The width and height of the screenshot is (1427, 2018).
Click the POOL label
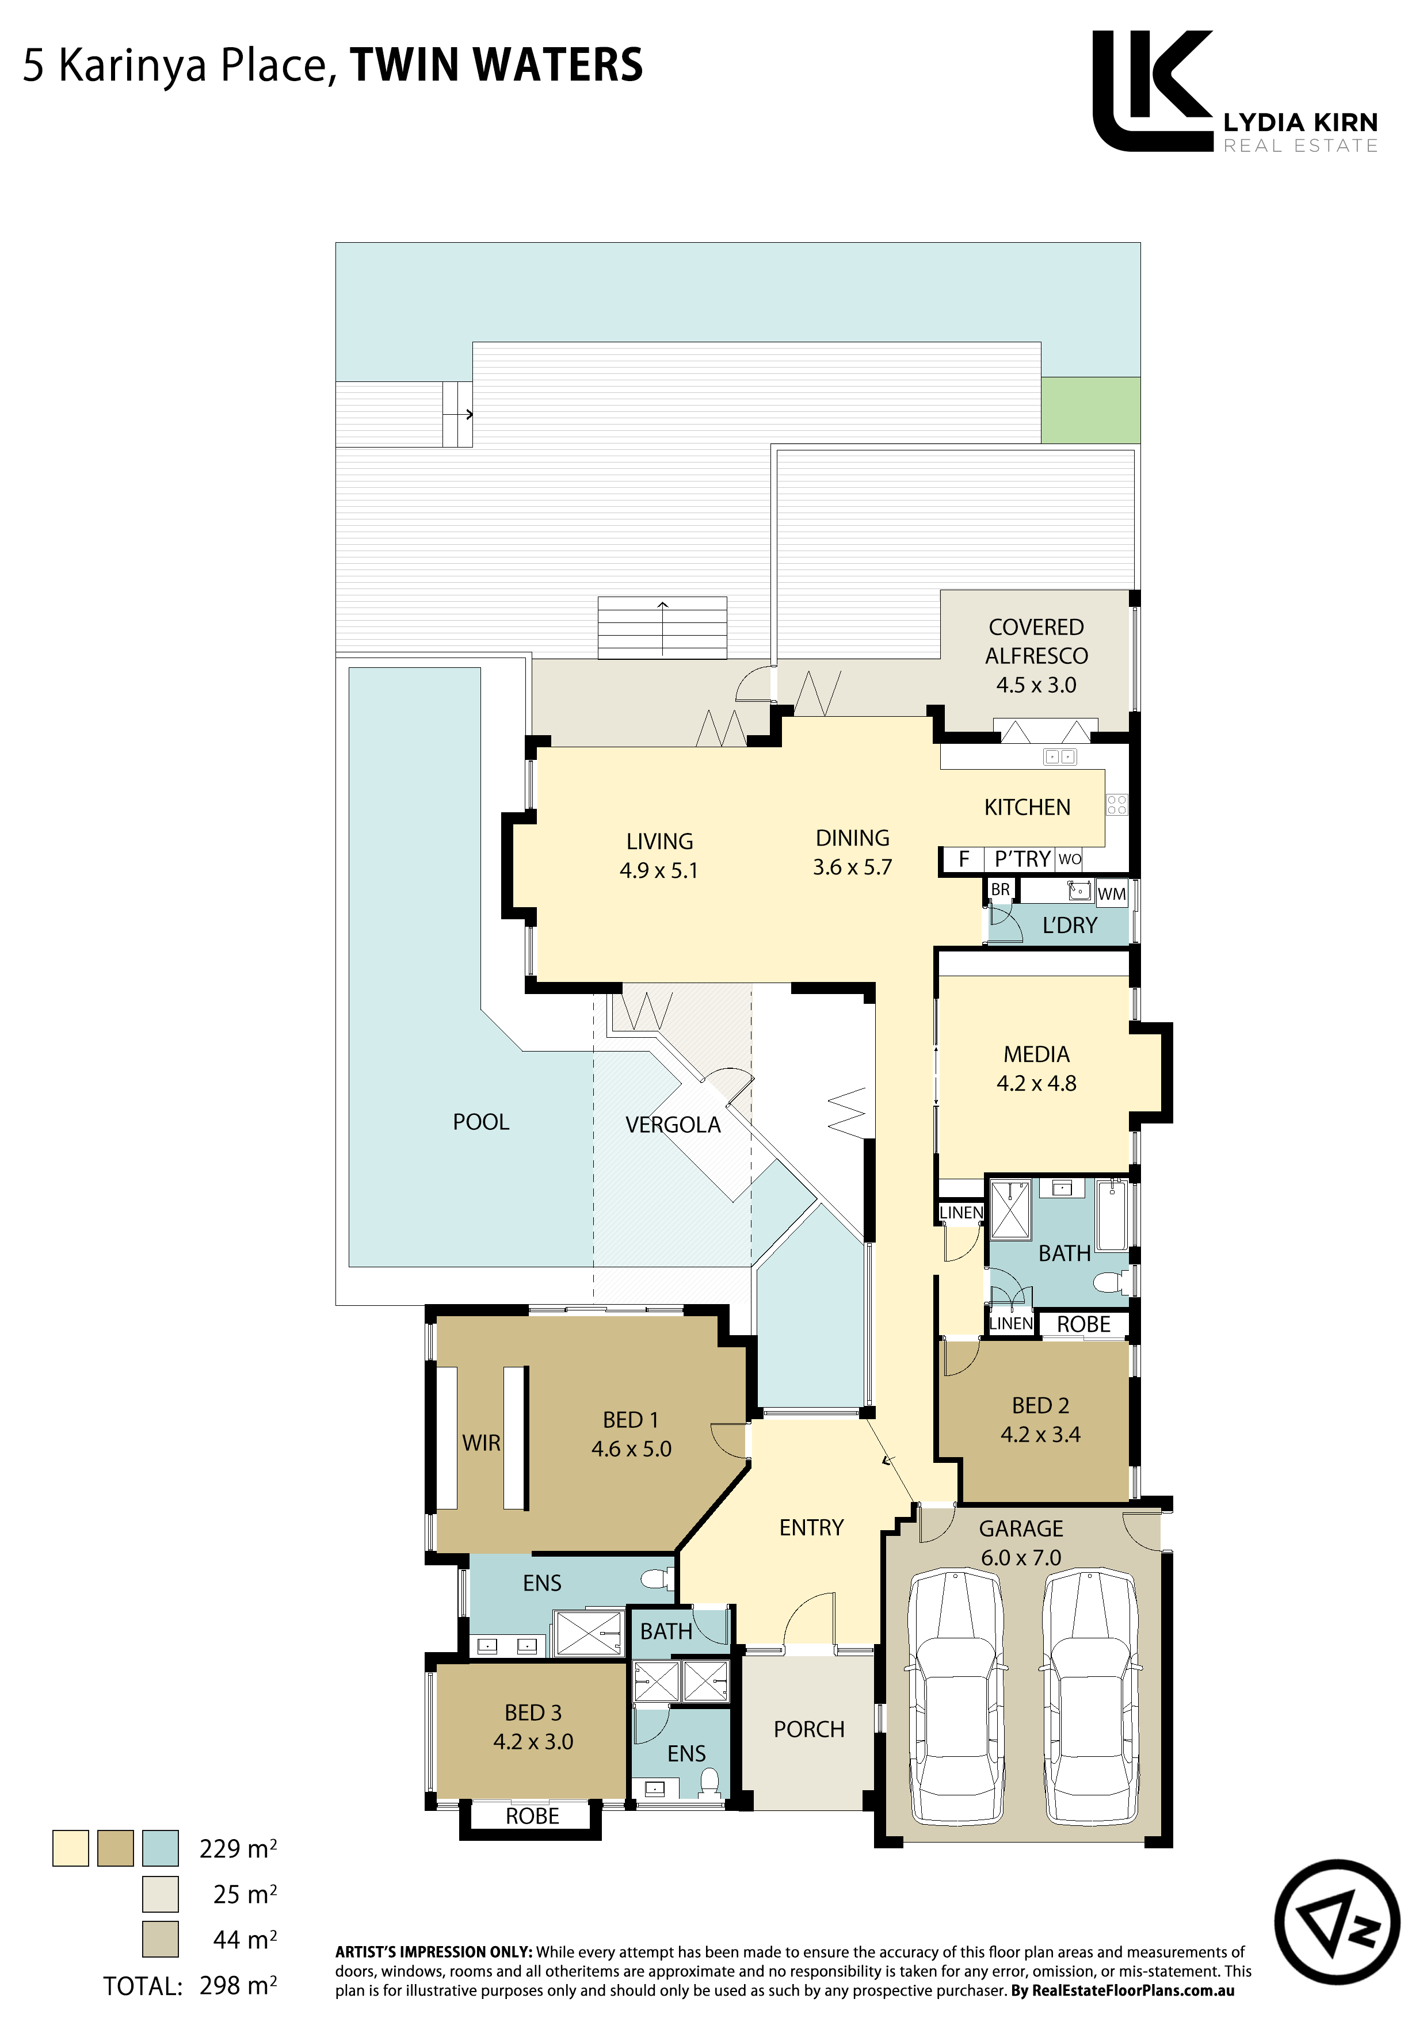pyautogui.click(x=481, y=1122)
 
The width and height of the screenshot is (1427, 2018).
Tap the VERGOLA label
pyautogui.click(x=673, y=1125)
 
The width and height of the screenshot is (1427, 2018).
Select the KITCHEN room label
pyautogui.click(x=1027, y=808)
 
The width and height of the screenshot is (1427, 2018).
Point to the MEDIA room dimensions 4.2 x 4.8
pyautogui.click(x=1037, y=1084)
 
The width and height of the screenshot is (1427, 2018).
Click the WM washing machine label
pyautogui.click(x=1111, y=894)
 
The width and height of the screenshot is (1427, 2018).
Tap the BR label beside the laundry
pyautogui.click(x=1001, y=889)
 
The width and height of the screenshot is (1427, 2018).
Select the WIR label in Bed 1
pyautogui.click(x=481, y=1443)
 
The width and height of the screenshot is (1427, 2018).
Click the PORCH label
pyautogui.click(x=809, y=1730)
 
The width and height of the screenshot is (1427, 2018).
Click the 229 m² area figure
pyautogui.click(x=238, y=1849)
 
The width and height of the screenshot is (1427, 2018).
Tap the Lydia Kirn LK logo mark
pyautogui.click(x=1153, y=90)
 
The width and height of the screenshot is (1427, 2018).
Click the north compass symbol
pyautogui.click(x=1337, y=1921)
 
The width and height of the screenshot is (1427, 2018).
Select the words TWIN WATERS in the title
pyautogui.click(x=497, y=65)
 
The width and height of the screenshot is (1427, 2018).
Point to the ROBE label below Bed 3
pyautogui.click(x=532, y=1816)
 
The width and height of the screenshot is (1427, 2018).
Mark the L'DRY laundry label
pyautogui.click(x=1070, y=926)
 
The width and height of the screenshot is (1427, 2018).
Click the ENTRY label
pyautogui.click(x=811, y=1527)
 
